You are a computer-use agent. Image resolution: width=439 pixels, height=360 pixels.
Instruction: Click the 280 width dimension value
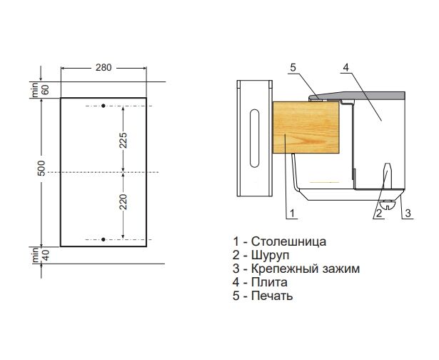pyautogui.click(x=104, y=68)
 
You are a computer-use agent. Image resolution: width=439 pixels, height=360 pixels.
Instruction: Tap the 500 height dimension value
pyautogui.click(x=41, y=168)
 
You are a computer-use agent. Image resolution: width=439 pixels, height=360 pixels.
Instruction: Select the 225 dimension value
pyautogui.click(x=123, y=140)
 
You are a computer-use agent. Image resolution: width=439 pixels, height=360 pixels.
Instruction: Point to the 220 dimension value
pyautogui.click(x=123, y=201)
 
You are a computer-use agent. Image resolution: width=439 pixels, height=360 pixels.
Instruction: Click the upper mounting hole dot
pyautogui.click(x=104, y=106)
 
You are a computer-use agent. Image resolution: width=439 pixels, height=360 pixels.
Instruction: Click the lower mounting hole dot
pyautogui.click(x=104, y=239)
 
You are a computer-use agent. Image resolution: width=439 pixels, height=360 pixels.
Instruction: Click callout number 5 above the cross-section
pyautogui.click(x=293, y=68)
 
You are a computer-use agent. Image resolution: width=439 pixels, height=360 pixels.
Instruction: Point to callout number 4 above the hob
pyautogui.click(x=346, y=68)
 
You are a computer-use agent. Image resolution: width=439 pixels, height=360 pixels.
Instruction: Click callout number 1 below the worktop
pyautogui.click(x=292, y=214)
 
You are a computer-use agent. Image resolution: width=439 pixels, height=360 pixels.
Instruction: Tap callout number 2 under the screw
pyautogui.click(x=379, y=214)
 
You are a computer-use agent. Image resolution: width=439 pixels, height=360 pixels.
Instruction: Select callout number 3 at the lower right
pyautogui.click(x=408, y=214)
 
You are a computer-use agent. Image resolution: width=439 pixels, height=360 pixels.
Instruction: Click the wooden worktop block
pyautogui.click(x=306, y=127)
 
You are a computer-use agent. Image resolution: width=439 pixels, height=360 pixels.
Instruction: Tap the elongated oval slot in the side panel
pyautogui.click(x=255, y=138)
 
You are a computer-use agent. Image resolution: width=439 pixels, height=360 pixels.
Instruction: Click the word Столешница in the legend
pyautogui.click(x=288, y=241)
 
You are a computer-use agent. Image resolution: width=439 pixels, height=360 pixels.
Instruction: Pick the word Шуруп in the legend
pyautogui.click(x=270, y=256)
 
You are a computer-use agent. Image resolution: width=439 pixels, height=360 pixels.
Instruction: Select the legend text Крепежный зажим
pyautogui.click(x=306, y=269)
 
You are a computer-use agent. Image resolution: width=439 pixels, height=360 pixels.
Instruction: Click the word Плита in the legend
pyautogui.click(x=269, y=282)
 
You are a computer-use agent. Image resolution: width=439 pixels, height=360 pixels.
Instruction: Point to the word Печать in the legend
pyautogui.click(x=272, y=296)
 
